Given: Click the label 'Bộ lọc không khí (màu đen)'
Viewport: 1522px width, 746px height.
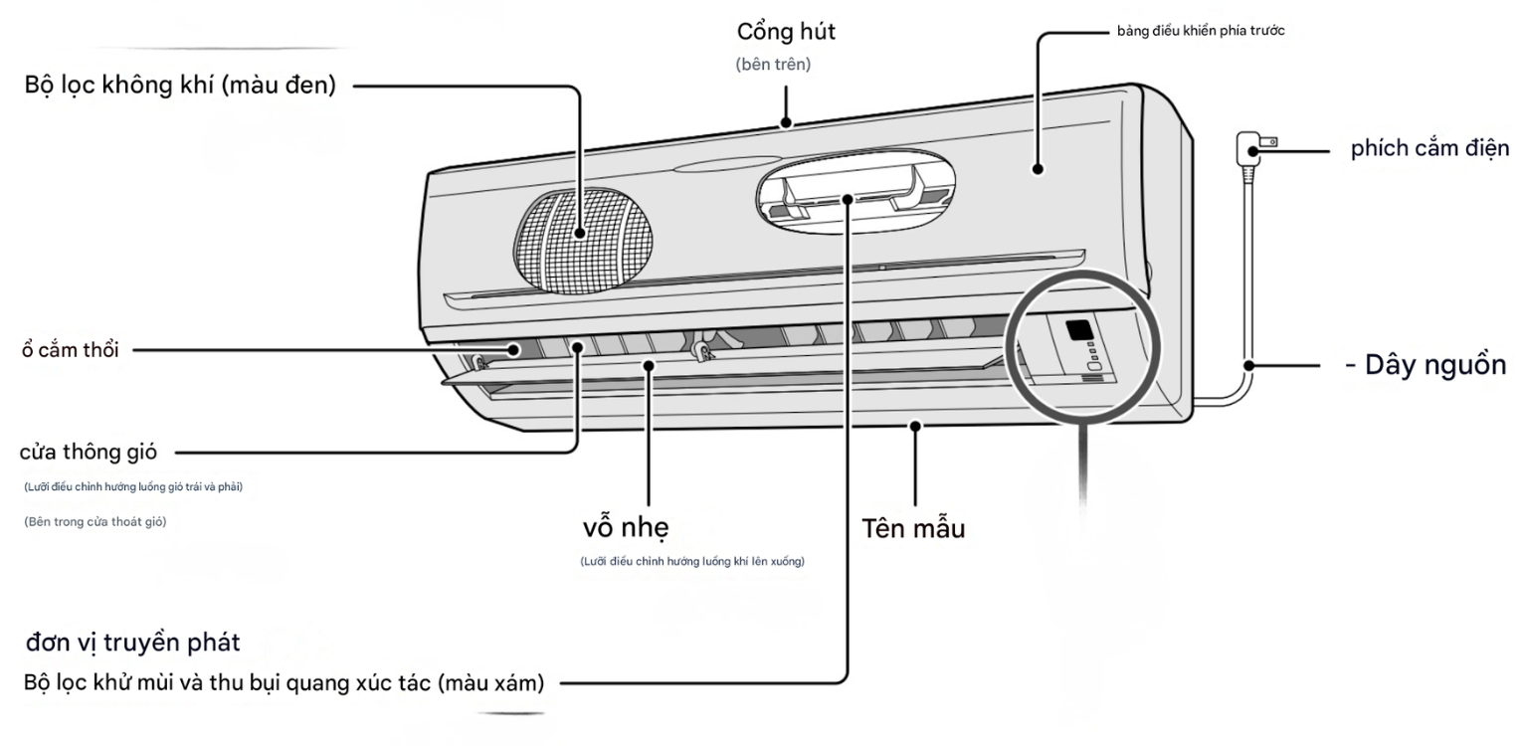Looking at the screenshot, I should coord(180,86).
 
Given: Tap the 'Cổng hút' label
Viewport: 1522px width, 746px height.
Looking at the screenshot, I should coord(786,31).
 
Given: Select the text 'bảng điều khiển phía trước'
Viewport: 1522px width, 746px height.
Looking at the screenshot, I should coord(1201,32).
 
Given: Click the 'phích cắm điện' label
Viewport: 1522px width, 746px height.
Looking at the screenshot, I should coord(1429,149).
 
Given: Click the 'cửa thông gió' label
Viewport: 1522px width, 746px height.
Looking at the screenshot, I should coord(89,453).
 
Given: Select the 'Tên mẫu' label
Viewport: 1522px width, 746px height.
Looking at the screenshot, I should coord(912,529).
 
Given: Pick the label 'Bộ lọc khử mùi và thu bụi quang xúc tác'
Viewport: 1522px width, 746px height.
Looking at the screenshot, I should coord(284,684).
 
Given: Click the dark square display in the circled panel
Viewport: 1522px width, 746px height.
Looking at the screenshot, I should coord(1078,330).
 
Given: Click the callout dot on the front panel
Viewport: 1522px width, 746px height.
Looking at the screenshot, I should coord(1038,169).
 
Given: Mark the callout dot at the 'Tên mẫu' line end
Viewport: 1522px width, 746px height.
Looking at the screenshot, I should coord(913,428).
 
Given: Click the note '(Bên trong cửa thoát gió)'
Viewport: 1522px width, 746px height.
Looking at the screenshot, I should coord(95,522).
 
